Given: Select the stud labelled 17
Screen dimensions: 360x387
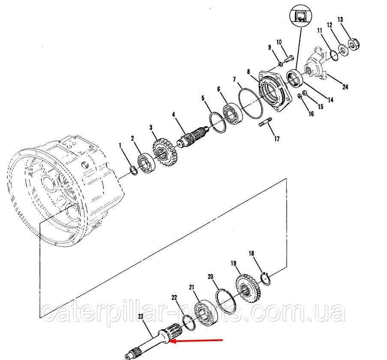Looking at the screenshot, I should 264,125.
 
